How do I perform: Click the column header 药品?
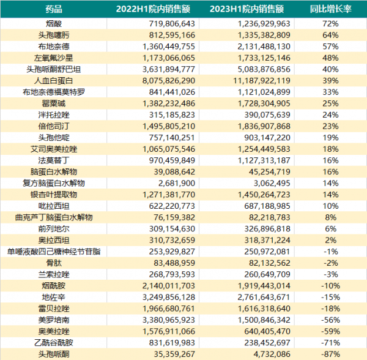coord(54,9)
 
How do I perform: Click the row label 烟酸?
coord(54,23)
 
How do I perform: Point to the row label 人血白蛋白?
coord(54,80)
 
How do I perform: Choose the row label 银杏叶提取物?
coord(54,195)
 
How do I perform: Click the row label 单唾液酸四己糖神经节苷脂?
coord(54,252)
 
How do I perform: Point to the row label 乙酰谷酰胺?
coord(54,343)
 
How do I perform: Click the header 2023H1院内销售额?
coord(254,9)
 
